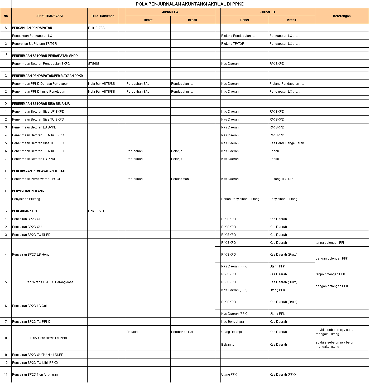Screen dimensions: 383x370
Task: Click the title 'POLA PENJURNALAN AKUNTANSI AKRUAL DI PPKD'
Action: [x=190, y=4]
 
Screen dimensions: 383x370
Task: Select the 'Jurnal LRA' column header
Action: [x=170, y=12]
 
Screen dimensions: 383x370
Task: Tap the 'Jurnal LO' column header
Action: [x=267, y=12]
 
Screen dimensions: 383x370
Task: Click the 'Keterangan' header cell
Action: [x=342, y=16]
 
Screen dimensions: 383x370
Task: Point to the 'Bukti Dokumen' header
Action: [x=103, y=16]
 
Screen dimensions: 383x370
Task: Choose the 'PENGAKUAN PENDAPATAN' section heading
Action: [x=32, y=28]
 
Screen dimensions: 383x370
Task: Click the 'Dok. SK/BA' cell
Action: [x=96, y=28]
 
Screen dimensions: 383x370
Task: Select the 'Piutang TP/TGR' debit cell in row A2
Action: [x=233, y=44]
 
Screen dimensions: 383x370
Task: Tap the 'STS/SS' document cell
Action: [x=94, y=64]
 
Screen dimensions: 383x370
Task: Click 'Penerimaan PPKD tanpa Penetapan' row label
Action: [x=39, y=92]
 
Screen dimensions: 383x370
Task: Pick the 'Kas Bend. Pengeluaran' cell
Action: [x=287, y=143]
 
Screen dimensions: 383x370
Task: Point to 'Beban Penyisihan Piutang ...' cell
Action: [x=242, y=199]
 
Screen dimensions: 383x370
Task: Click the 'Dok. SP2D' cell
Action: [x=96, y=211]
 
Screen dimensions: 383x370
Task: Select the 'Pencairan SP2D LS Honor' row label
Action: [x=31, y=255]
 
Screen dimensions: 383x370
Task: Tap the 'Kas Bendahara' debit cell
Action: [x=232, y=322]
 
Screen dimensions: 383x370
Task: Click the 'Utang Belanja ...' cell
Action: [x=233, y=332]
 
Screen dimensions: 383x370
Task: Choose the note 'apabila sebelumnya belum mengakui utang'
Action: [x=335, y=345]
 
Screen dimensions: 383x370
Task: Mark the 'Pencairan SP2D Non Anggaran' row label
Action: [x=35, y=375]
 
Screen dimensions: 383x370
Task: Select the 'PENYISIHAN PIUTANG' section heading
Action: [x=28, y=191]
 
